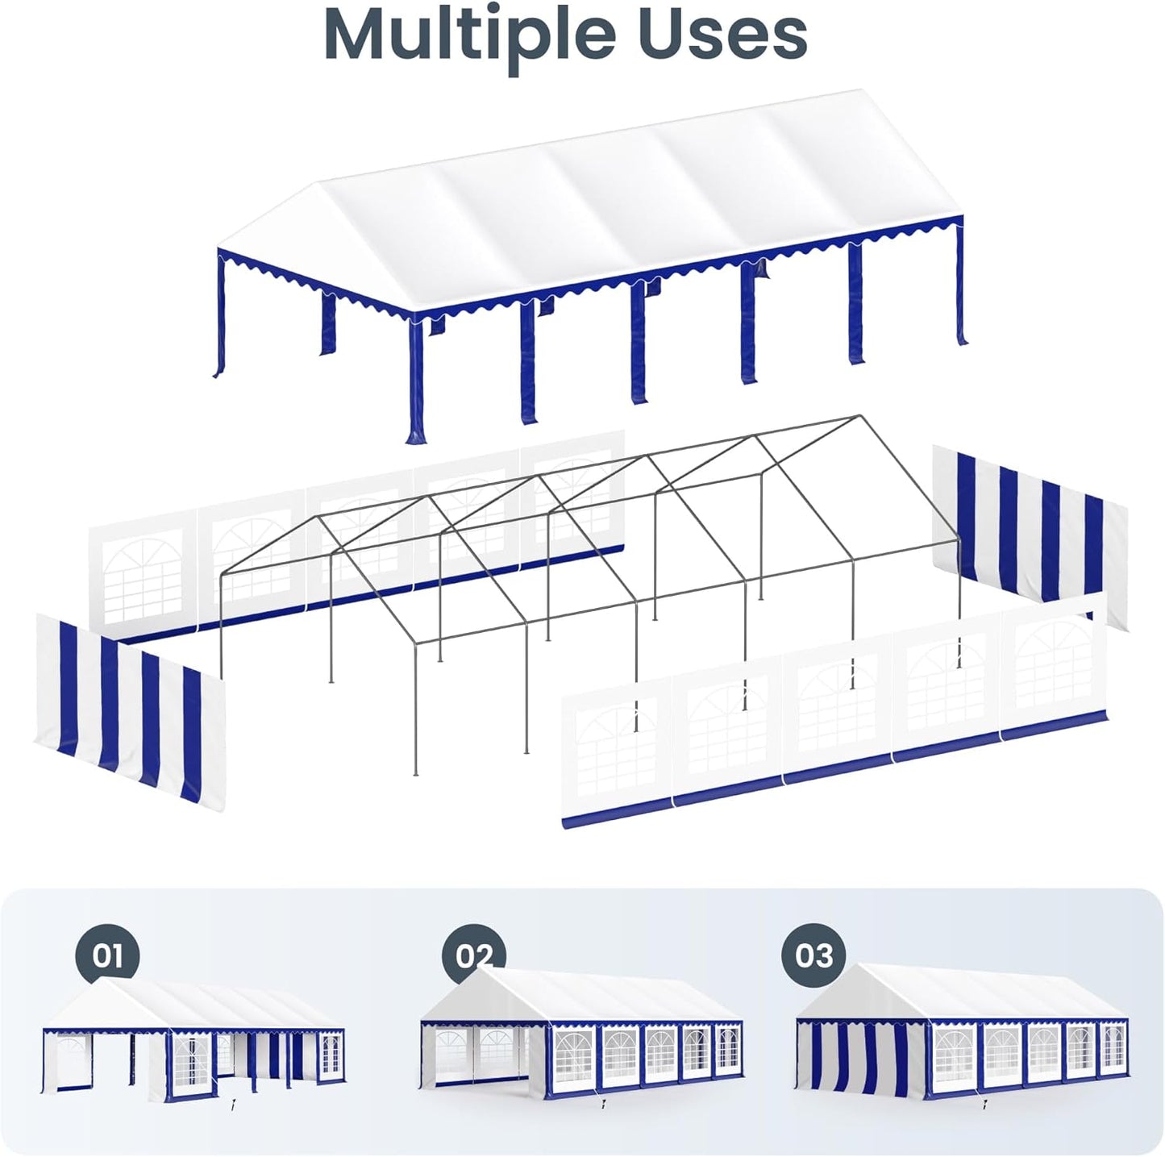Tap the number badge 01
click(x=107, y=955)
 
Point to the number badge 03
click(x=813, y=955)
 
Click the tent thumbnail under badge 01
click(x=193, y=1040)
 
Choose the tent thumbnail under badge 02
click(x=580, y=1040)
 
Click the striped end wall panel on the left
click(x=129, y=710)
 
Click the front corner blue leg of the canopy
click(x=415, y=379)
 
